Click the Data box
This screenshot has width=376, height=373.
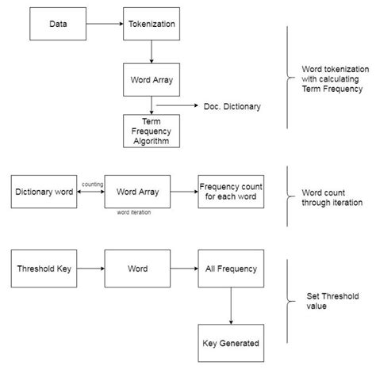(58, 24)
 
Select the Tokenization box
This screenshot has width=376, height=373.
(152, 24)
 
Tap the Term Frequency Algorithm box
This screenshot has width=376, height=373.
(152, 131)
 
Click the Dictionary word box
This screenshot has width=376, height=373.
(44, 192)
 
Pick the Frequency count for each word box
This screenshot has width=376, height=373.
(231, 192)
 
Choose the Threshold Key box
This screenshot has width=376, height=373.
(44, 268)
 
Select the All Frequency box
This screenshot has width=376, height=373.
(231, 268)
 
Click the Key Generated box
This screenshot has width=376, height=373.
(231, 343)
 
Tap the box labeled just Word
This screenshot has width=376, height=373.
(137, 268)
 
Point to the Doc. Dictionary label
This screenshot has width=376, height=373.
(232, 106)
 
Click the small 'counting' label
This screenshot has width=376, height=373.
(92, 185)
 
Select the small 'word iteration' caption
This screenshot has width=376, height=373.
(134, 212)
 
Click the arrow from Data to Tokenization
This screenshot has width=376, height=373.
(105, 24)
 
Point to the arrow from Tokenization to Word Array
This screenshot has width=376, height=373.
(152, 51)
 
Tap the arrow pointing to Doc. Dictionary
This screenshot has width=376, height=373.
(177, 105)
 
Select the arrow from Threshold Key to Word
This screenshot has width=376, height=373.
(90, 268)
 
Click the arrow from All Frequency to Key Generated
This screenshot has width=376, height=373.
(231, 306)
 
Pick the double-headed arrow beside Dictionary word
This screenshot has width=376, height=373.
(90, 192)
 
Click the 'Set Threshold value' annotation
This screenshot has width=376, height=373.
(332, 301)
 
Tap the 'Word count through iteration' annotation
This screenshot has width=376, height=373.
(332, 197)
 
